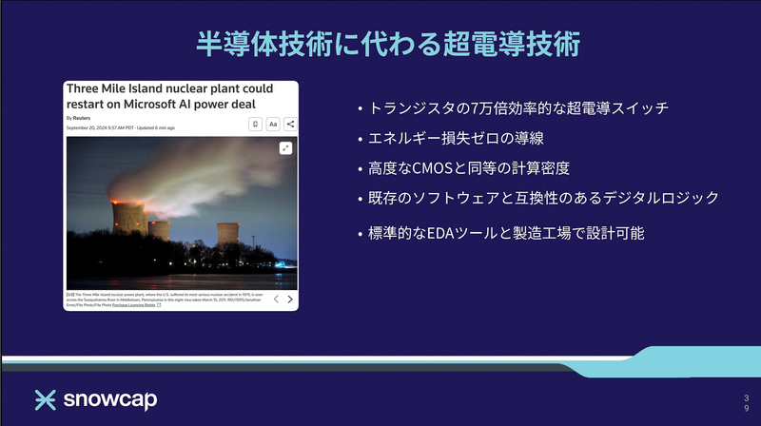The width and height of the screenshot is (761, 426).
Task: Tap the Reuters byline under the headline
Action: click(x=79, y=118)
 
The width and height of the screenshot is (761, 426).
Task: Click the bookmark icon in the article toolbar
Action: click(x=255, y=124)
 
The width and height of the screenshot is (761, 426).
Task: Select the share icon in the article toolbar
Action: click(x=290, y=124)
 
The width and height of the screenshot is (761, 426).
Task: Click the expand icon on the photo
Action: click(x=285, y=148)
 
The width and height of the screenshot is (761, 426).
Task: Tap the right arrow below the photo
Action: click(x=289, y=299)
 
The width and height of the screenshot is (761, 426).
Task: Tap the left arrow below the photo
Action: click(x=276, y=299)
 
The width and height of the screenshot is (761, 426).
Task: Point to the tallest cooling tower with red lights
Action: click(x=128, y=216)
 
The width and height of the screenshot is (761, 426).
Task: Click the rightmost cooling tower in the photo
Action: click(x=228, y=234)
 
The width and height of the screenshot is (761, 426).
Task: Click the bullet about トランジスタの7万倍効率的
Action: click(x=517, y=108)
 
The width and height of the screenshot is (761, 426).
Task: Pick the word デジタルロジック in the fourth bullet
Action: click(x=665, y=198)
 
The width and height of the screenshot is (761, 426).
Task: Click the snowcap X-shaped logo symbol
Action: click(x=47, y=399)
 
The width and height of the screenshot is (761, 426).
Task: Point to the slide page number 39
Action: click(x=746, y=400)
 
